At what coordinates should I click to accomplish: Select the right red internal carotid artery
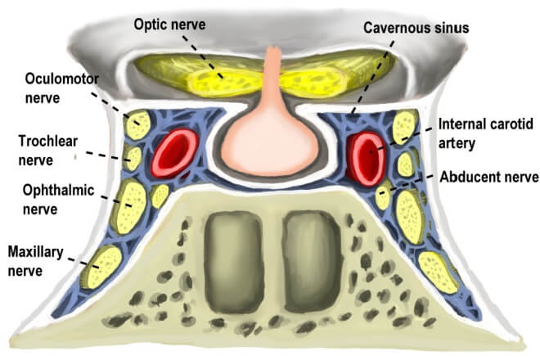[365, 155]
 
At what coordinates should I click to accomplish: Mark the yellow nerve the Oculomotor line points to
[137, 124]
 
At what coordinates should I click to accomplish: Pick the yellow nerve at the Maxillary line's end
[105, 267]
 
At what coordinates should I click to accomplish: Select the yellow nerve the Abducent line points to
[381, 197]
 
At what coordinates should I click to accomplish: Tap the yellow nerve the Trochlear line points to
[133, 156]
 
